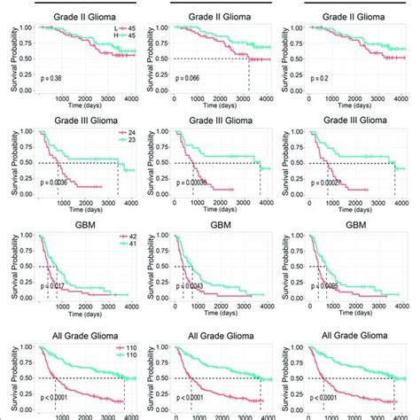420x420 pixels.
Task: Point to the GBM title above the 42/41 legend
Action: pos(87,225)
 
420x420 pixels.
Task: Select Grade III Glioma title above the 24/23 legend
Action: pos(87,120)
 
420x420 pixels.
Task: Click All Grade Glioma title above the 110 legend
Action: pos(87,331)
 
